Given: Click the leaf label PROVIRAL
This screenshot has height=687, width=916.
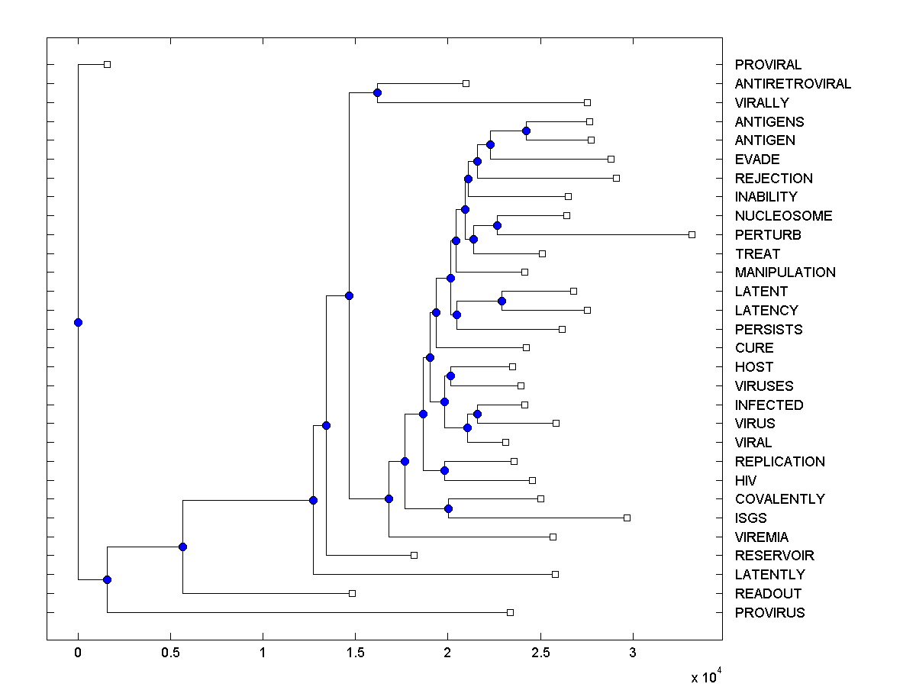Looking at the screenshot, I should click(x=768, y=65).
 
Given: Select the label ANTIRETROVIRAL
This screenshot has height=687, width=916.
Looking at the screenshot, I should click(x=792, y=84).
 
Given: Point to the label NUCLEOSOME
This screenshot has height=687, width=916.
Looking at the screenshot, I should click(x=783, y=216).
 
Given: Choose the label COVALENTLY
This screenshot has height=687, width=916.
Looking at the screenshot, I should click(x=779, y=499).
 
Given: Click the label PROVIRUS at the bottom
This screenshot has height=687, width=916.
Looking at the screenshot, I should click(x=769, y=613).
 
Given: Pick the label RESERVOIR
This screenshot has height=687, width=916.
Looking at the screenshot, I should click(x=774, y=556).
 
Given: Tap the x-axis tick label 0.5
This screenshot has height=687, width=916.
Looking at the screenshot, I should click(x=170, y=653).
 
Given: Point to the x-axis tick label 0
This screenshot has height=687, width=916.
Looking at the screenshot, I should click(x=78, y=653).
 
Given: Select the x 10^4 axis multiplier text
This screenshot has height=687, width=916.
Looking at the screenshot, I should click(x=706, y=677).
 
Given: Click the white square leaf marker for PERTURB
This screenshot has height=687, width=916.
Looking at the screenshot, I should click(x=692, y=234).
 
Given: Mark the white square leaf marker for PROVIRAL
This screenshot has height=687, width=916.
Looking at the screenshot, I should click(x=107, y=64).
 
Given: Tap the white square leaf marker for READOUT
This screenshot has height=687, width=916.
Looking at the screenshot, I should click(x=352, y=593).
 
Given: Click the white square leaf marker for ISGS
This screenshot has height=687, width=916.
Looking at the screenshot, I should click(x=627, y=518).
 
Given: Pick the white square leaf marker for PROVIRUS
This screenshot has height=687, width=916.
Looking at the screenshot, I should click(x=510, y=612).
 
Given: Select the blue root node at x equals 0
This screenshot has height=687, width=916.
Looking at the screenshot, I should click(x=78, y=322).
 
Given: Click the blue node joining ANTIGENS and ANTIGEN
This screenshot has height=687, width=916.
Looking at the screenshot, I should click(x=526, y=131).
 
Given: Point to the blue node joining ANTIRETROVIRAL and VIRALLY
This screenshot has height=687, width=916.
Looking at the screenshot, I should click(x=377, y=92).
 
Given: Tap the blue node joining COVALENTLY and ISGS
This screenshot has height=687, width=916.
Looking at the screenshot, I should click(x=448, y=508).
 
